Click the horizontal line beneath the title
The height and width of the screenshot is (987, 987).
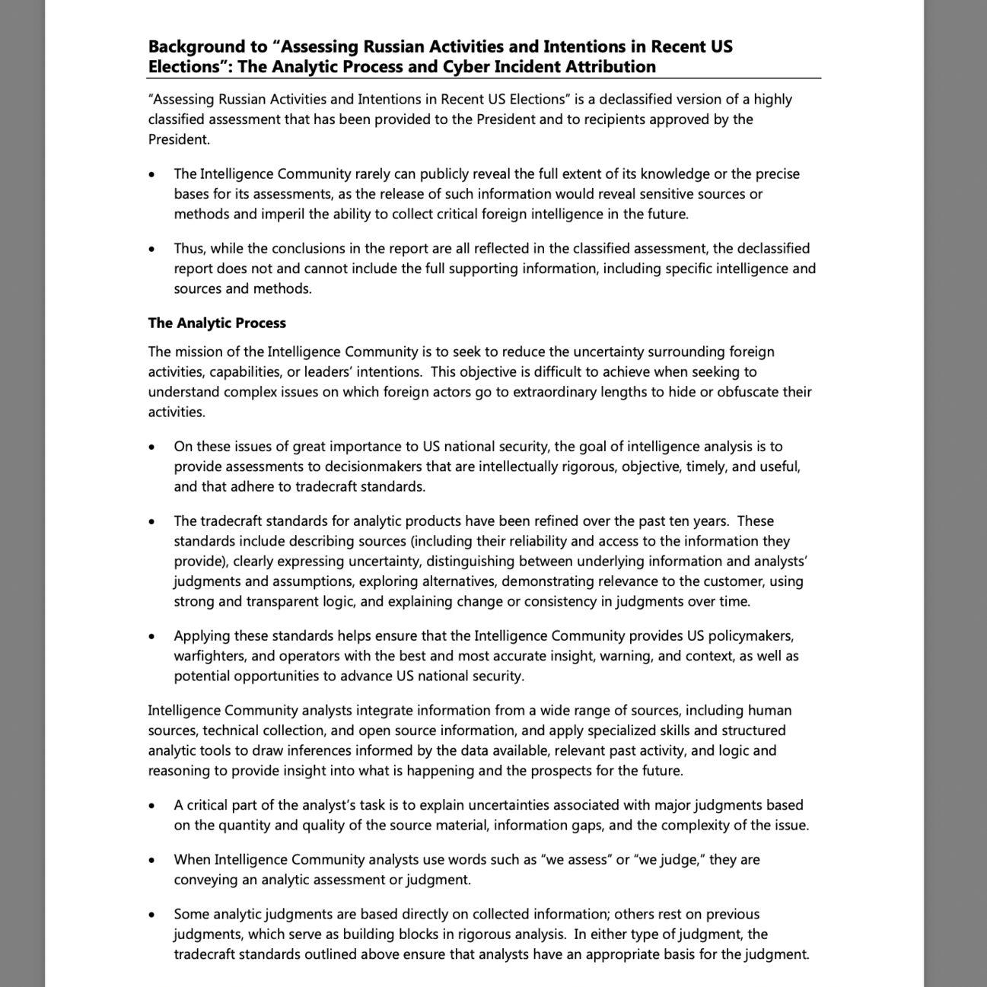click(x=484, y=78)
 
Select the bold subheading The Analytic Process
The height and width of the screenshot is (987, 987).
click(x=217, y=323)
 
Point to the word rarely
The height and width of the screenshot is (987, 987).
click(x=373, y=174)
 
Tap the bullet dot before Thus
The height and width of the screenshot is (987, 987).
click(x=153, y=250)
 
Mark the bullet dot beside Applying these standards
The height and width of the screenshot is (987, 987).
click(x=153, y=637)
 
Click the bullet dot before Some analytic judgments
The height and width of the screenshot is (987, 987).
click(x=153, y=915)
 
